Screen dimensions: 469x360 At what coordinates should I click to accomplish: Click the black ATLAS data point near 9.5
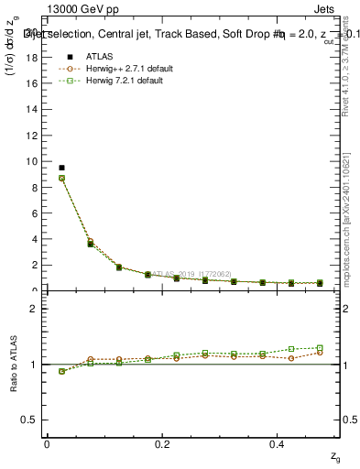[61, 168]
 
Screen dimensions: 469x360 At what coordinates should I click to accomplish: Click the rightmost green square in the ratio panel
[320, 348]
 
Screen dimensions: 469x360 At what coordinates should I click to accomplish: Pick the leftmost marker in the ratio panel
[61, 371]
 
